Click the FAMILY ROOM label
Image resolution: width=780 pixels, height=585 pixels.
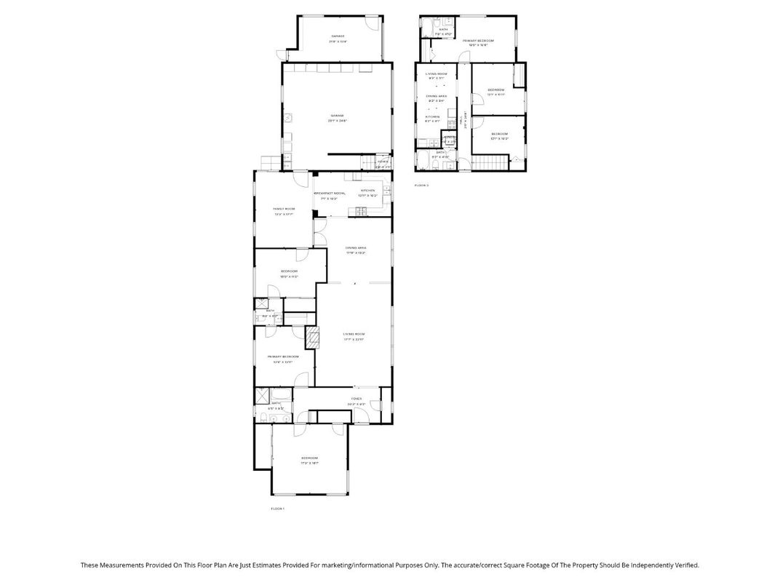(x=284, y=209)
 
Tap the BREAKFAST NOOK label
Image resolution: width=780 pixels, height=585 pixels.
(x=329, y=193)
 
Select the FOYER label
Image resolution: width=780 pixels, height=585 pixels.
(x=356, y=399)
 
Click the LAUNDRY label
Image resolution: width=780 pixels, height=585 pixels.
(x=449, y=137)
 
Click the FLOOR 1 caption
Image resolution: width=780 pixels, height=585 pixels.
(x=277, y=508)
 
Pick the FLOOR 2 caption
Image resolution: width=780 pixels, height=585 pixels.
(x=421, y=186)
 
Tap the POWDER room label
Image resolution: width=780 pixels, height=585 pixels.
(x=382, y=162)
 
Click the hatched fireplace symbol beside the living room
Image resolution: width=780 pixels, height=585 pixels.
(x=312, y=337)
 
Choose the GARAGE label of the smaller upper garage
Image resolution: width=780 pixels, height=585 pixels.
(x=338, y=36)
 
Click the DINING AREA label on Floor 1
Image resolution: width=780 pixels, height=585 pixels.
(x=356, y=248)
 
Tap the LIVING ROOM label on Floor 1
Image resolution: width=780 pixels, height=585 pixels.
(x=354, y=335)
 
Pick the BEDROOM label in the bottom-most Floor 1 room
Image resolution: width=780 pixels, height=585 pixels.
(x=310, y=458)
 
